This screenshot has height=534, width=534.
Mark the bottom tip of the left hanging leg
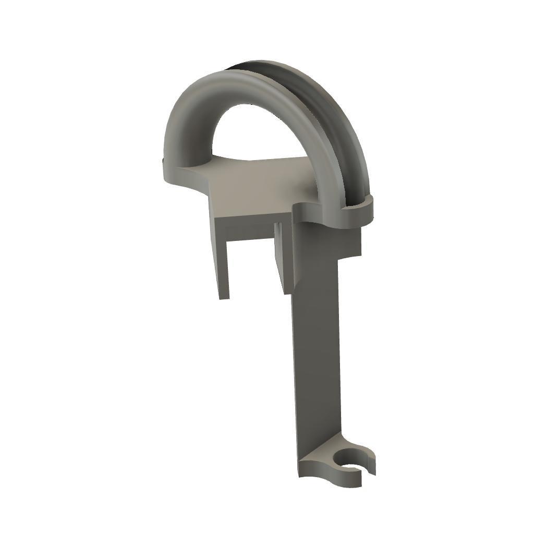point(224,296)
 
